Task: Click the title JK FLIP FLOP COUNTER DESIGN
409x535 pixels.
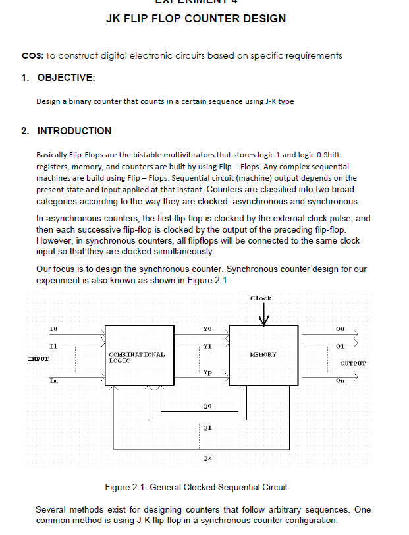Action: tap(196, 19)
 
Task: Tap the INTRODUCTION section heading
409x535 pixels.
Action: tap(74, 131)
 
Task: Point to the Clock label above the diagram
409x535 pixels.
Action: tap(261, 298)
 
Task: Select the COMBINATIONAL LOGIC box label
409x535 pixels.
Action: tap(136, 358)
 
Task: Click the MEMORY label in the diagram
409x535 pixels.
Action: tap(263, 354)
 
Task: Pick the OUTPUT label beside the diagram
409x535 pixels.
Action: tap(353, 363)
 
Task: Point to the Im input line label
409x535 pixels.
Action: tap(53, 380)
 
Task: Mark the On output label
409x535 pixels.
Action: tap(340, 380)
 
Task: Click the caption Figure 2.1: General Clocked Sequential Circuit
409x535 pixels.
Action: tap(196, 488)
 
